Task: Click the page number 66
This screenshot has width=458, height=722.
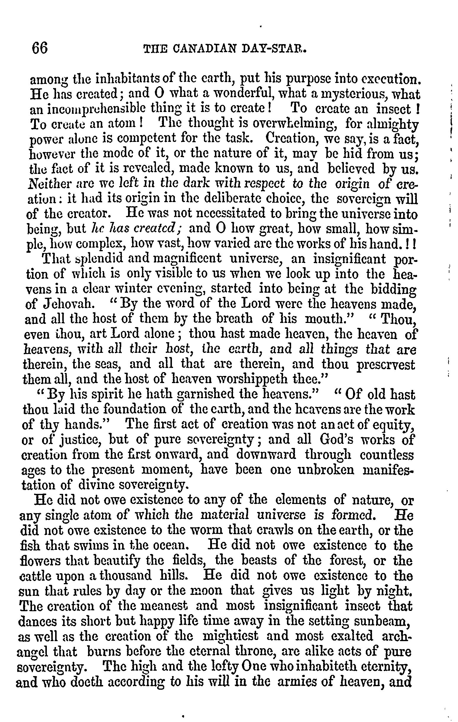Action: [39, 48]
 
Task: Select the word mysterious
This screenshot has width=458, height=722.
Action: [337, 93]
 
